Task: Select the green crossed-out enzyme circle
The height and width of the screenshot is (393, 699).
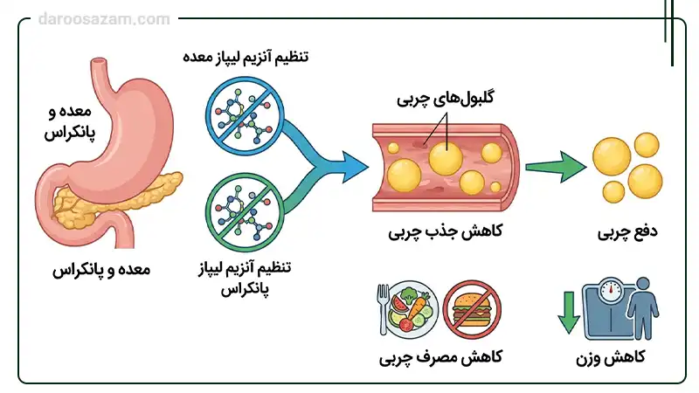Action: [239, 214]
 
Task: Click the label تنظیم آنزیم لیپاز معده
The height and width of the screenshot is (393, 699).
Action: [246, 58]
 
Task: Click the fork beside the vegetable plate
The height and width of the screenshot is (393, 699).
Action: [380, 307]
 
